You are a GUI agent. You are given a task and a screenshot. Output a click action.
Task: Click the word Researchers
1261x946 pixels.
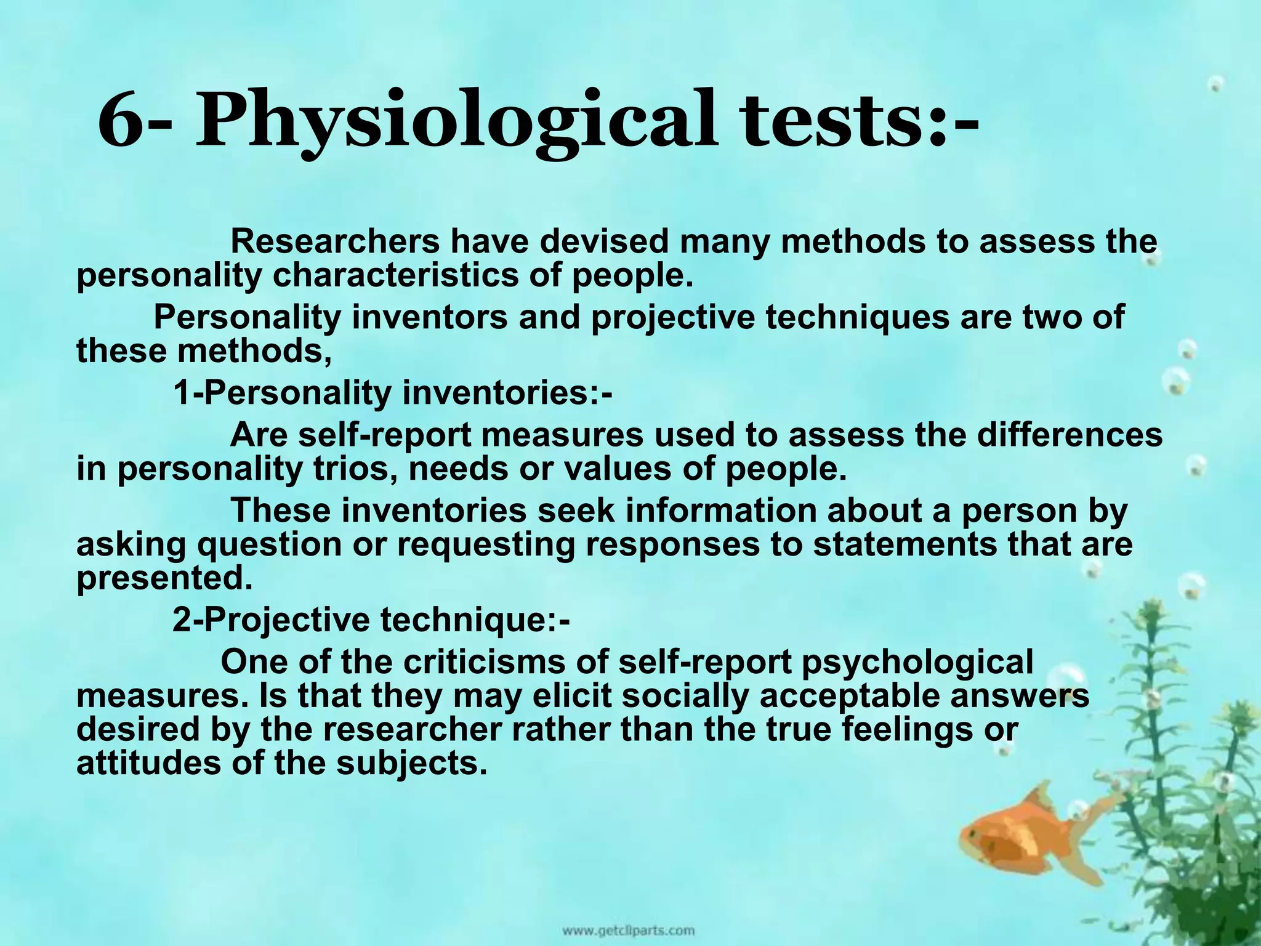[335, 241]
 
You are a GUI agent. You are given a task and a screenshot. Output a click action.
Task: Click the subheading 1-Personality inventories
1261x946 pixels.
[392, 393]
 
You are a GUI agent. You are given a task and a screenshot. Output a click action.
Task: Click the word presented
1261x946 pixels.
[164, 578]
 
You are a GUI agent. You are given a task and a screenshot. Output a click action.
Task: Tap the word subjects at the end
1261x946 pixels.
[407, 764]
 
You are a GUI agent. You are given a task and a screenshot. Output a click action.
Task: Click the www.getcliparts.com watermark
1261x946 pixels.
[627, 929]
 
